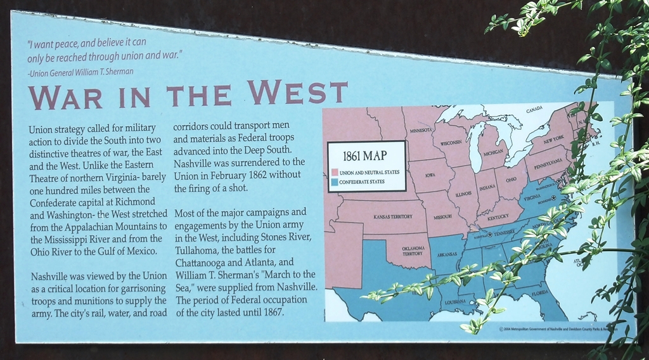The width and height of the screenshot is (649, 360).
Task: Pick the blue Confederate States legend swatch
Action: point(334,182)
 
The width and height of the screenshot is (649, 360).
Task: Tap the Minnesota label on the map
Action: point(421,131)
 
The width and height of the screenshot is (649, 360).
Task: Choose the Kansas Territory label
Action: point(393,217)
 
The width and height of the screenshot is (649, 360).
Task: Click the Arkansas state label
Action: point(446,255)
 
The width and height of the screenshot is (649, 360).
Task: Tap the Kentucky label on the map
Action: point(498,217)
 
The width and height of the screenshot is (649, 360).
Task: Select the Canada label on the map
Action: point(535,110)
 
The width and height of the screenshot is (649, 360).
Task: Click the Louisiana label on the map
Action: point(455,302)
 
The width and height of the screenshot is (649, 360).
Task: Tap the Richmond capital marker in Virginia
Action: point(554,198)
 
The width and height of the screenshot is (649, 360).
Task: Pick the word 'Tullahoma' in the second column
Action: point(196,250)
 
